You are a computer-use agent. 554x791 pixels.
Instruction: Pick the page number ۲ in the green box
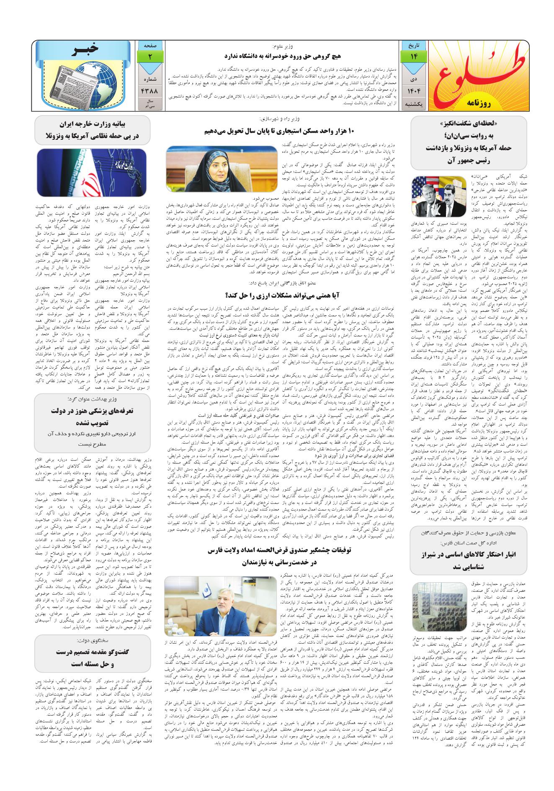coord(149,56)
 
